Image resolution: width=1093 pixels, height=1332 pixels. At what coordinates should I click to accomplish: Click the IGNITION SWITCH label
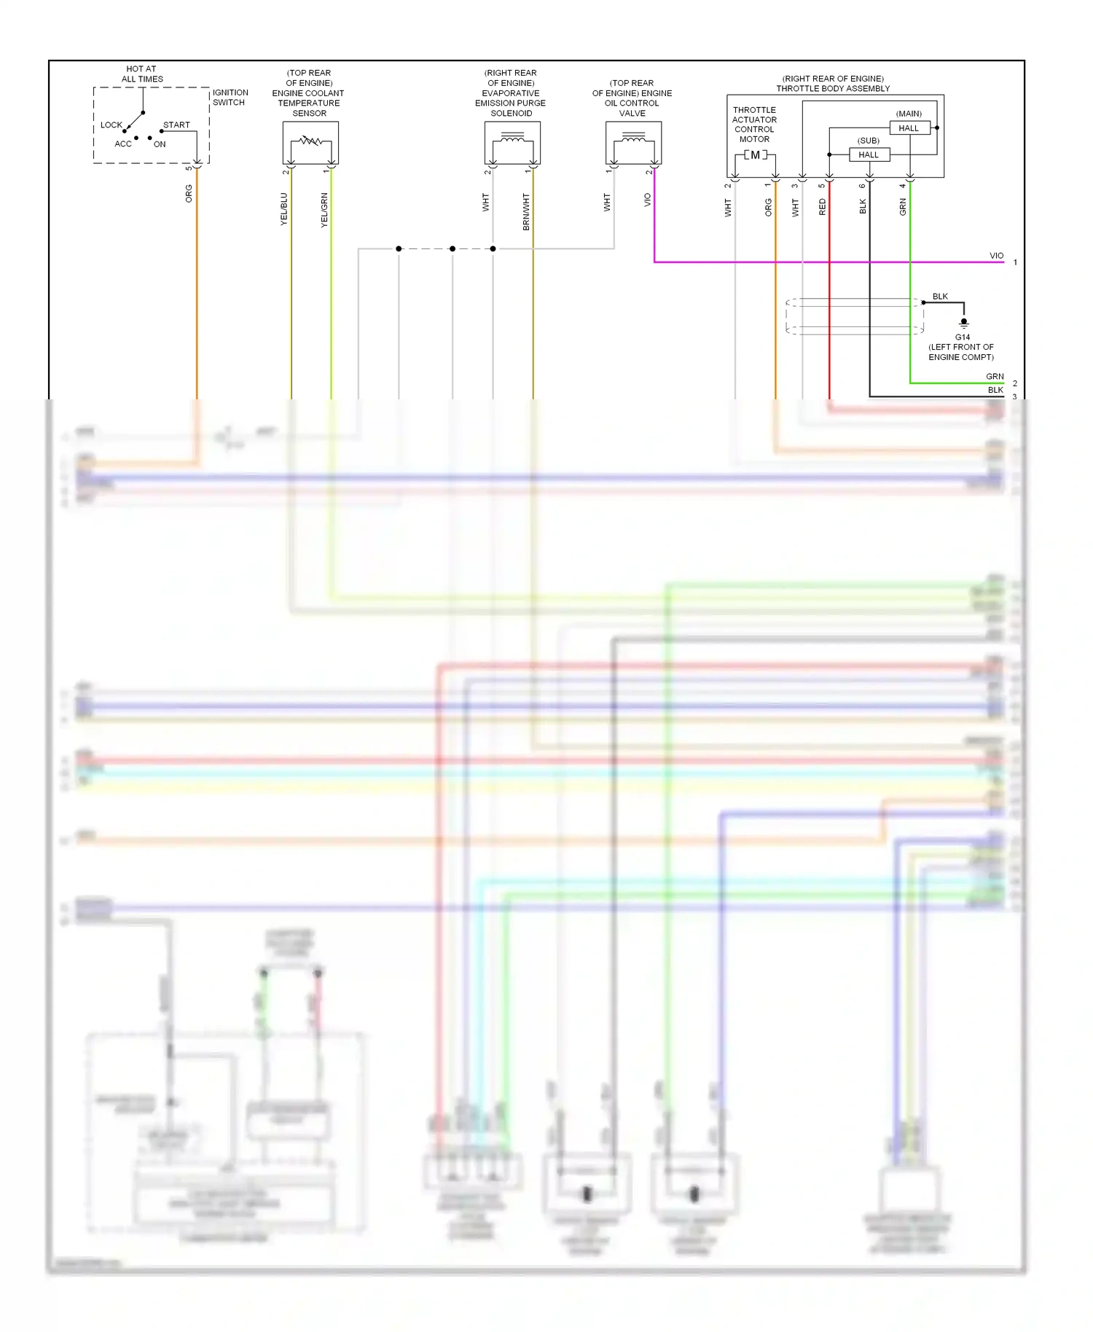click(x=230, y=98)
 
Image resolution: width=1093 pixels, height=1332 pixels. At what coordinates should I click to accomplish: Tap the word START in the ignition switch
click(x=176, y=125)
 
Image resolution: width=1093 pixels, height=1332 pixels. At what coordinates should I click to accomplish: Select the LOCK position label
click(x=111, y=125)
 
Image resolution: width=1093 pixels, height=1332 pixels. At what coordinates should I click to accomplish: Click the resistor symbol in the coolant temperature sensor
click(x=310, y=140)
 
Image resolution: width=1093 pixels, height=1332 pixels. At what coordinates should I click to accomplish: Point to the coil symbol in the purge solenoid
click(x=512, y=138)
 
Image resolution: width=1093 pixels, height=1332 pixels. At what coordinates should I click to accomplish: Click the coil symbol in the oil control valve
click(x=633, y=138)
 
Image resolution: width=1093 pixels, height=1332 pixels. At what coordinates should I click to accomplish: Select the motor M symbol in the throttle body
click(x=755, y=155)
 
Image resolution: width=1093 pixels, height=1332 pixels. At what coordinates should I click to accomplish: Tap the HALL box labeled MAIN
click(x=909, y=128)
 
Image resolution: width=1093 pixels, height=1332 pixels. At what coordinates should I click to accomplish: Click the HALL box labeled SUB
click(x=869, y=154)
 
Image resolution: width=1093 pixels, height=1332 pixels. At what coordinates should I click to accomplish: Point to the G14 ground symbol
click(x=963, y=322)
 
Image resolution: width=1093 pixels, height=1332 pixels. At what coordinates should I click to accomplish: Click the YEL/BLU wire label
click(x=284, y=209)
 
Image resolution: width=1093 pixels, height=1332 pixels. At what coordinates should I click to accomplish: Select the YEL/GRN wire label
click(x=324, y=210)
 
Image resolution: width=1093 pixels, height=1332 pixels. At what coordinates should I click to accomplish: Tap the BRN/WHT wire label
click(x=526, y=211)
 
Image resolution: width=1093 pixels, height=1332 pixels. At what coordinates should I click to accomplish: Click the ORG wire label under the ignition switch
click(x=189, y=193)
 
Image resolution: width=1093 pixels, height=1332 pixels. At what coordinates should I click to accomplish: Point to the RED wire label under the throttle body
click(x=823, y=207)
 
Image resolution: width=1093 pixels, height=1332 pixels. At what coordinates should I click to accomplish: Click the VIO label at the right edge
click(x=996, y=256)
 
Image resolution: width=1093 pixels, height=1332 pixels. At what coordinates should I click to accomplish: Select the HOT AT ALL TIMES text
click(x=142, y=74)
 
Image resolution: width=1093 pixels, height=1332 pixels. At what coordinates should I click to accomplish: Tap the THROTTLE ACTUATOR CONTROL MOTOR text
click(x=754, y=125)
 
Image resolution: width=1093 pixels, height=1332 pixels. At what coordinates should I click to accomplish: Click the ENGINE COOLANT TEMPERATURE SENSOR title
click(x=309, y=93)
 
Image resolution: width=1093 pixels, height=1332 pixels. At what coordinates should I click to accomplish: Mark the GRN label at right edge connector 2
click(x=995, y=377)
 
